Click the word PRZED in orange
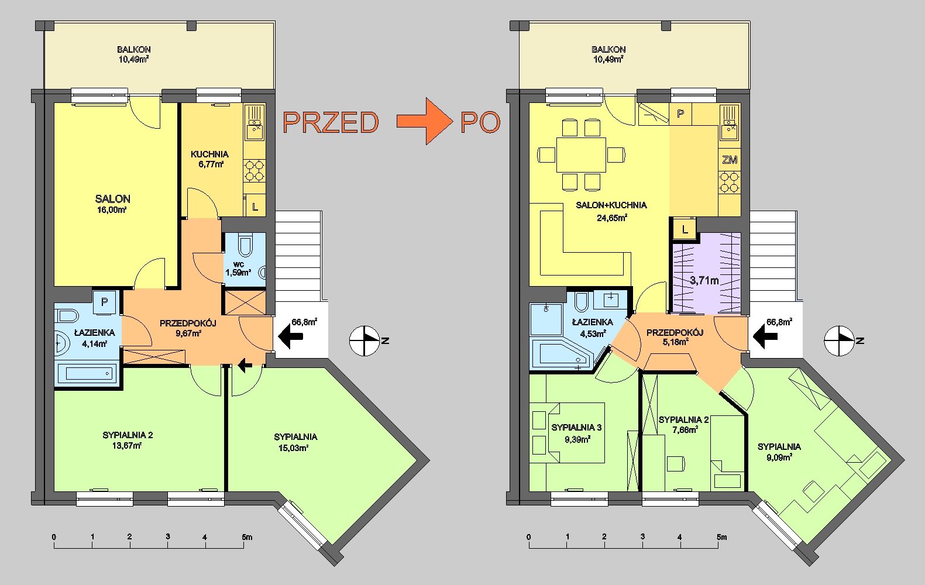pyautogui.click(x=331, y=122)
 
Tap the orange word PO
pyautogui.click(x=481, y=122)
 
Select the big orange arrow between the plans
pyautogui.click(x=425, y=121)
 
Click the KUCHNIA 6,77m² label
pyautogui.click(x=210, y=159)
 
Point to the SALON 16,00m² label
pyautogui.click(x=112, y=204)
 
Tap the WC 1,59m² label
pyautogui.click(x=238, y=269)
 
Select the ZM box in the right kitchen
pyautogui.click(x=730, y=160)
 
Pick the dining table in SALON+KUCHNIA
pyautogui.click(x=581, y=155)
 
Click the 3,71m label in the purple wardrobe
pyautogui.click(x=704, y=281)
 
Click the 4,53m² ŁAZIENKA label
pyautogui.click(x=593, y=328)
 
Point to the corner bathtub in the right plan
pyautogui.click(x=563, y=354)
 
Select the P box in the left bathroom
pyautogui.click(x=105, y=302)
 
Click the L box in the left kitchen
pyautogui.click(x=255, y=207)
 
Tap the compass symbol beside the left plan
pyautogui.click(x=365, y=340)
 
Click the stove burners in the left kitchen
pyautogui.click(x=254, y=170)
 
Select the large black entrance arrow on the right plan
pyautogui.click(x=765, y=336)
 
